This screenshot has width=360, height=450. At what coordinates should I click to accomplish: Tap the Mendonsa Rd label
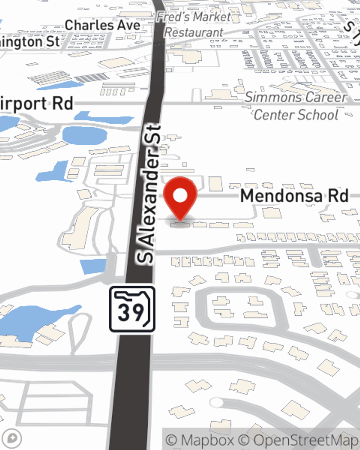(294, 196)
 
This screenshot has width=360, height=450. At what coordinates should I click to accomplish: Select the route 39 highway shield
(132, 309)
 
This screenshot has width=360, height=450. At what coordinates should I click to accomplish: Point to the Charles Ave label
(102, 25)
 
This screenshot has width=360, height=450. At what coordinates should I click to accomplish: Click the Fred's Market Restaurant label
(194, 24)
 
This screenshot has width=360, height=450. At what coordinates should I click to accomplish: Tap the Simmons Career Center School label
(296, 106)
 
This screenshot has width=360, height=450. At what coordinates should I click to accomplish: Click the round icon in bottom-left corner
(12, 438)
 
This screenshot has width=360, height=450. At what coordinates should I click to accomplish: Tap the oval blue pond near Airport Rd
(85, 135)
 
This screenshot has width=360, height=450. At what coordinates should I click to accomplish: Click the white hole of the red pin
(180, 196)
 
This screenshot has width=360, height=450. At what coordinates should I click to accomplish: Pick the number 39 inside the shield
(130, 312)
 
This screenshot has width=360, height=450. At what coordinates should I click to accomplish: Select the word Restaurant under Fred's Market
(194, 32)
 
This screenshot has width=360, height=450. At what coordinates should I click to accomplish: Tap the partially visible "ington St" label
(30, 42)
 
